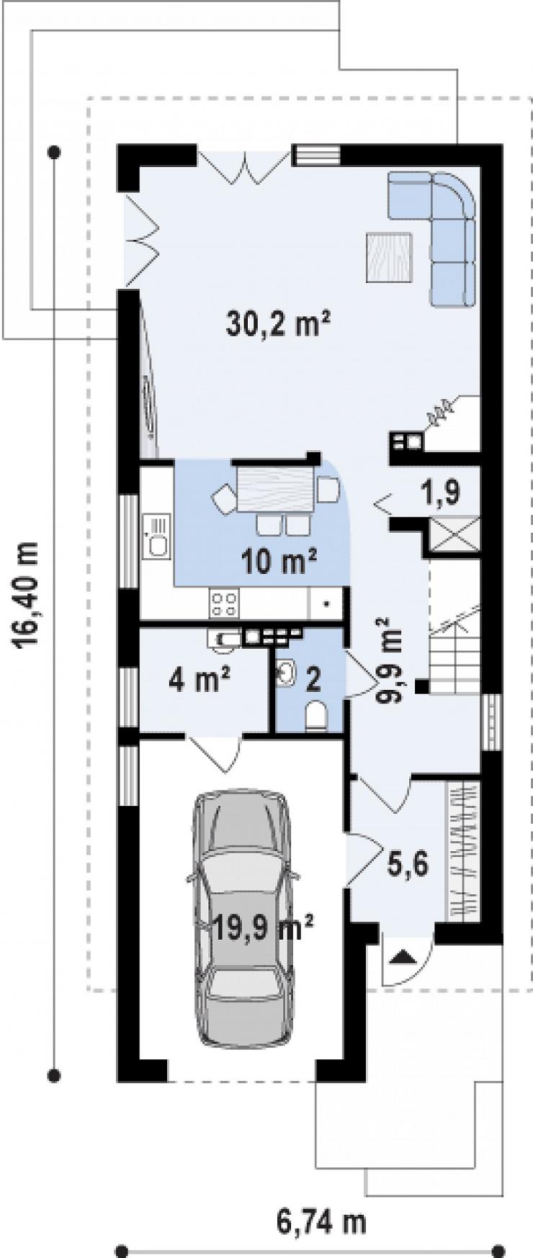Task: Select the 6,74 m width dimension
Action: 321,1221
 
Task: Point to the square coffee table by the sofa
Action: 388,256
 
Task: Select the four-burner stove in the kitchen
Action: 224,603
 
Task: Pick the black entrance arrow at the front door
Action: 403,957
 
